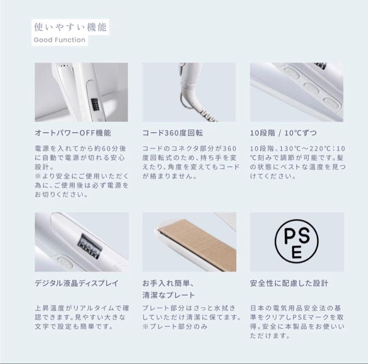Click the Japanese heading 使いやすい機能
70,26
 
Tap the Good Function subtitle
59,40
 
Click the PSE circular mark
297,242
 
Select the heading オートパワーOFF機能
73,133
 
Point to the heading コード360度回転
173,133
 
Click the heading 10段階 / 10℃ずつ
283,133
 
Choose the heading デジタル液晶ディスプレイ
77,283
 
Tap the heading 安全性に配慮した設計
289,283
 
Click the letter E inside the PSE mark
296,253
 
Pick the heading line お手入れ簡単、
168,283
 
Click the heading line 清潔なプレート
168,295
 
